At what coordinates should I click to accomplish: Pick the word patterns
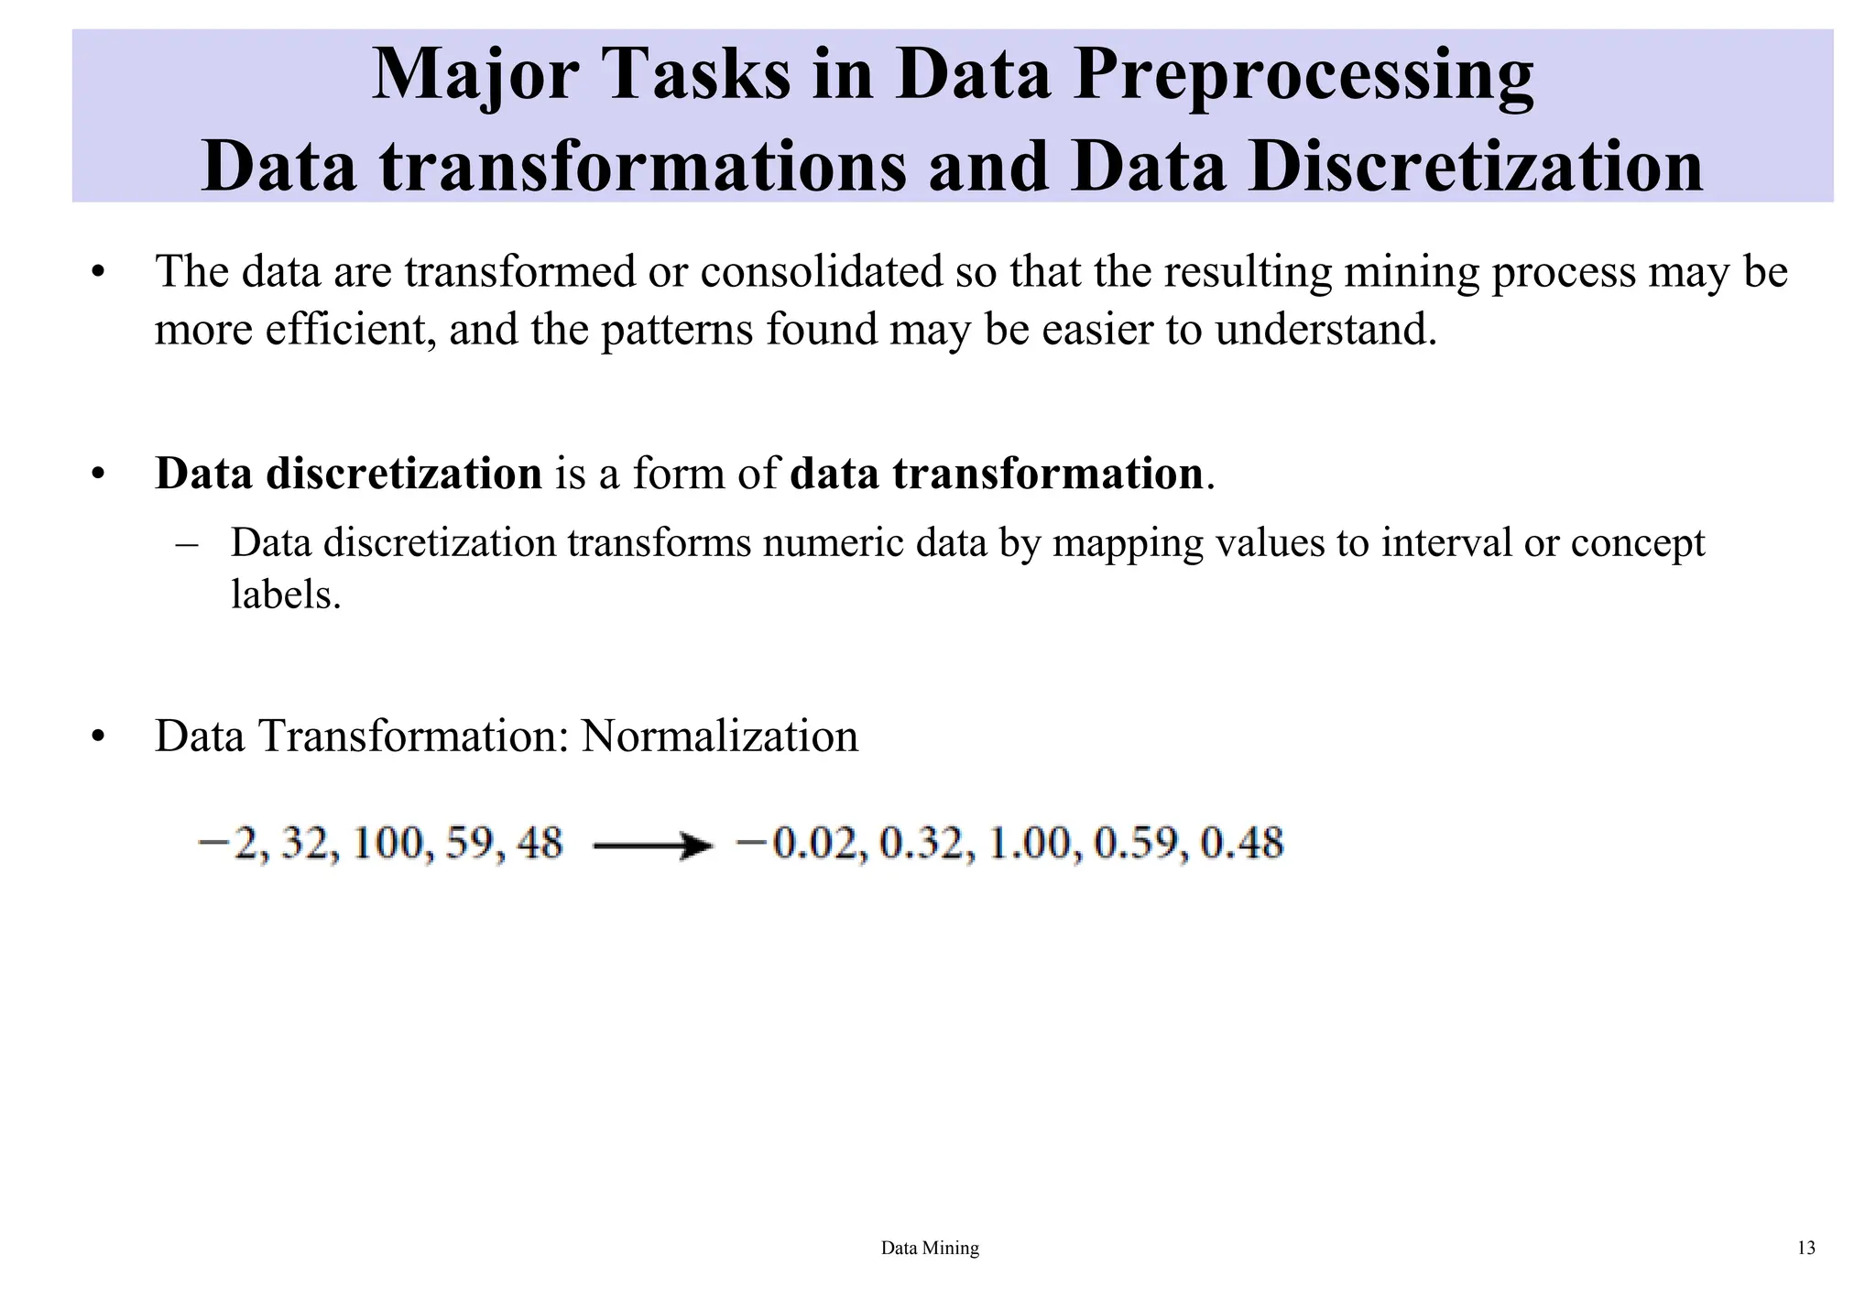(x=679, y=330)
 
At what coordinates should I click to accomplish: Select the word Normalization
(x=719, y=737)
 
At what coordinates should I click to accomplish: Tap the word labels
(x=285, y=595)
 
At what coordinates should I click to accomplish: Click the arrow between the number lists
(x=652, y=846)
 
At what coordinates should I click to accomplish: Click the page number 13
(x=1805, y=1248)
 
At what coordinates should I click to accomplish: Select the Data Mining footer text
(x=930, y=1248)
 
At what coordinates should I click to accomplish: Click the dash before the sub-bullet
(x=188, y=544)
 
